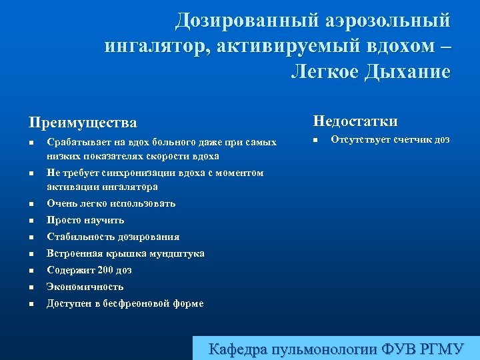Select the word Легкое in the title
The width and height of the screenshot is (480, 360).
324,71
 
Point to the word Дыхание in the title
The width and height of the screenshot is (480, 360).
407,71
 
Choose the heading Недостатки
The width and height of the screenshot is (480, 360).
355,121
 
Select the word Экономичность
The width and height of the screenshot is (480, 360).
85,287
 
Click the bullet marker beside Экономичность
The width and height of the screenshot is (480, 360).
31,288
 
